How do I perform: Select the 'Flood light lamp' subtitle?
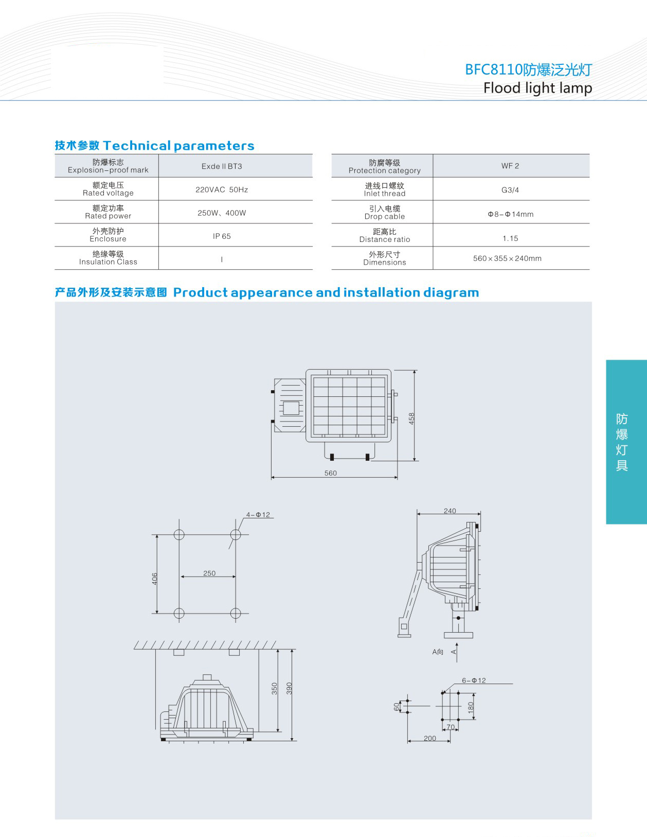[x=537, y=88]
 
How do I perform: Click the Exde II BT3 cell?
[x=222, y=166]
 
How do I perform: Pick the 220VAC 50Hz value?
[x=222, y=189]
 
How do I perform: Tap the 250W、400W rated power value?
[x=222, y=213]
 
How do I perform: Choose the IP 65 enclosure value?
[x=222, y=236]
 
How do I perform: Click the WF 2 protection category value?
[x=510, y=166]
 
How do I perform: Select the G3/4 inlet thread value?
[x=510, y=190]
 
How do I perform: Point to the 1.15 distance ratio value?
[x=510, y=238]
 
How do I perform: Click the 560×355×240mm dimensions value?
[x=507, y=258]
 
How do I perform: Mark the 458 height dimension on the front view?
[x=411, y=418]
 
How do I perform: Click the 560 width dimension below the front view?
[x=331, y=473]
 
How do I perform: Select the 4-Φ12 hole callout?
[x=258, y=515]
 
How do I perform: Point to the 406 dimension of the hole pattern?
[x=154, y=579]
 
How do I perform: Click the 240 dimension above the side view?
[x=450, y=511]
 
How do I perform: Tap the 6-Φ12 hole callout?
[x=474, y=681]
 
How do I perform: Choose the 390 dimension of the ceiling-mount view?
[x=289, y=688]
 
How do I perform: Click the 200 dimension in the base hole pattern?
[x=430, y=738]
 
